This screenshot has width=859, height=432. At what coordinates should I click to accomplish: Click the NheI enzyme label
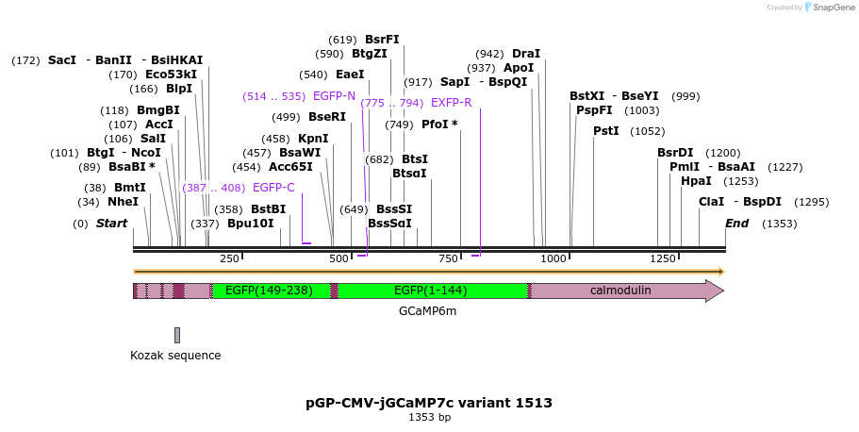point(123,201)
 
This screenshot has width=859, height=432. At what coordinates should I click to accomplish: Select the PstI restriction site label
point(606,130)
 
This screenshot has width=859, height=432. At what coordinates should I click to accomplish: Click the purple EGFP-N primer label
point(334,96)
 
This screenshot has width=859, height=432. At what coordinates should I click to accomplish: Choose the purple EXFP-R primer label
point(451,102)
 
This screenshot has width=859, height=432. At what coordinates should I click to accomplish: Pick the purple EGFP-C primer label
point(273,187)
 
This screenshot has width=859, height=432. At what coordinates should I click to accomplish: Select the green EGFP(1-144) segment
point(432,291)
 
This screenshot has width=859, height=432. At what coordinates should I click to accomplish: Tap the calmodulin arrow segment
point(620,291)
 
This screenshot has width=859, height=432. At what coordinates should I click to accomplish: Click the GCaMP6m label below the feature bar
point(428,310)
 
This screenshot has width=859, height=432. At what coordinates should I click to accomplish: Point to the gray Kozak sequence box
point(176,335)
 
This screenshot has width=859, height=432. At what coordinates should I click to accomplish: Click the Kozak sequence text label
point(175,356)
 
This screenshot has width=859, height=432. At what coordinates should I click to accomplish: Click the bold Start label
point(111,224)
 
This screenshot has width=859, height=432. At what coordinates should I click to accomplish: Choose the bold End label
point(736,224)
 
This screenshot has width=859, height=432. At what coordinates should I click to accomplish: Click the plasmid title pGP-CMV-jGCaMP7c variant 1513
point(429,403)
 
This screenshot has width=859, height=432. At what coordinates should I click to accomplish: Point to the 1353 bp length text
point(429,417)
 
